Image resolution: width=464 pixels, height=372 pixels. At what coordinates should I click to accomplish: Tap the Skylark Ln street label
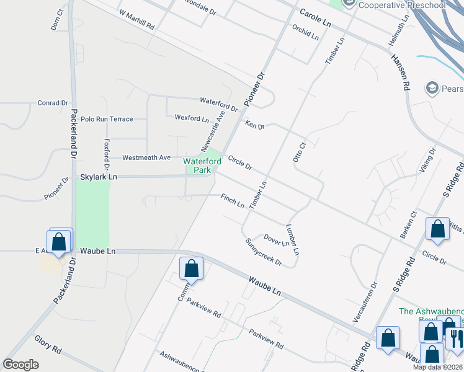[99, 177]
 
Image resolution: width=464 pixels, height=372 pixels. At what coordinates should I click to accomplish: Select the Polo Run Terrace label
[107, 118]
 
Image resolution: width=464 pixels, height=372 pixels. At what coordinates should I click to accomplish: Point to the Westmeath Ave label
[146, 157]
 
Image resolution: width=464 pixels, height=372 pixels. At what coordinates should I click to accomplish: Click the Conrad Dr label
[52, 103]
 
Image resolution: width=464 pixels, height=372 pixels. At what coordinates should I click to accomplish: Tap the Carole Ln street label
[316, 17]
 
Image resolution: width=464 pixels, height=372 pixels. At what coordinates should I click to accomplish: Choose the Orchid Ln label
[305, 32]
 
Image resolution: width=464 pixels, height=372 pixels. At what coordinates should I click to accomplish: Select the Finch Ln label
[233, 201]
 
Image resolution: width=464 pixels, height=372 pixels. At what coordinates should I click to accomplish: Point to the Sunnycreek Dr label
[264, 252]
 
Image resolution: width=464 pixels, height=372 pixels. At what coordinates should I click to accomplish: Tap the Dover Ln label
[276, 239]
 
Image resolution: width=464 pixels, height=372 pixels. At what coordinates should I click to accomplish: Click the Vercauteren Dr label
[374, 302]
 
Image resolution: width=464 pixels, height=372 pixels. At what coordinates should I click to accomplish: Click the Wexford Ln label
[192, 118]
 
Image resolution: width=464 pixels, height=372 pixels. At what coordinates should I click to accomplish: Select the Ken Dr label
[255, 125]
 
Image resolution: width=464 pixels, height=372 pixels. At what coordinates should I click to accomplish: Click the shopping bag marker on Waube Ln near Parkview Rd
[191, 269]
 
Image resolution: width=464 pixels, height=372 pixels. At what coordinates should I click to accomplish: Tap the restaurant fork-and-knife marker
[455, 339]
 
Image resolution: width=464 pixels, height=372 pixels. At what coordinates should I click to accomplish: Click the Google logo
[22, 365]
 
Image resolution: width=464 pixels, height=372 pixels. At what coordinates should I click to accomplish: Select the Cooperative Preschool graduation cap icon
[348, 4]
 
